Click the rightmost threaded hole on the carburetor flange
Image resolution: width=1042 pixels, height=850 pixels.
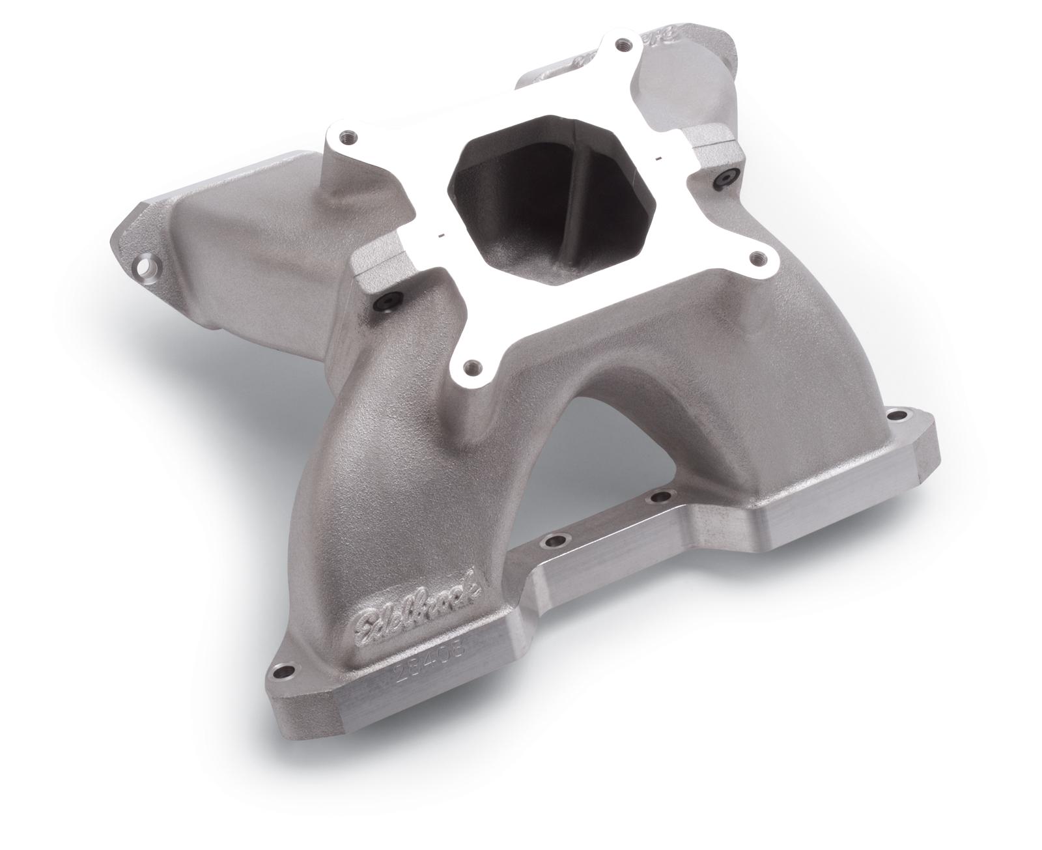click(x=756, y=258)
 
